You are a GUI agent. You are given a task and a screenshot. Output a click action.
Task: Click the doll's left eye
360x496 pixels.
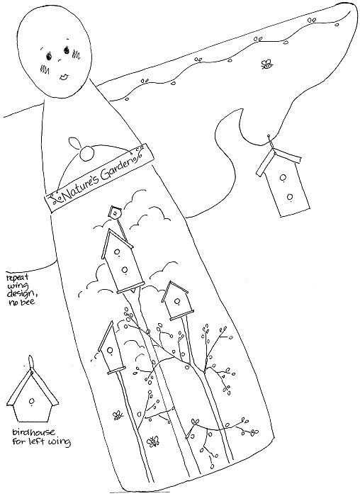50,56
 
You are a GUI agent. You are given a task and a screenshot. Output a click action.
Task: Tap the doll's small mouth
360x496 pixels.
64,77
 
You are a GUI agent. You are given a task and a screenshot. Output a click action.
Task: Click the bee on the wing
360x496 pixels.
266,64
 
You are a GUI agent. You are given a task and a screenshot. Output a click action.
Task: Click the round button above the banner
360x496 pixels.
86,154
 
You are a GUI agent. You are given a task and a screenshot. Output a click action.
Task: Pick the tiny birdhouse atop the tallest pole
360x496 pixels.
115,213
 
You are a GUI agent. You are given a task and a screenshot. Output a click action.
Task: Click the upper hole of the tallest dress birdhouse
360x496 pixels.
116,252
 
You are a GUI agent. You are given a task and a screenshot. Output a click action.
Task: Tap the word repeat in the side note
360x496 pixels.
18,278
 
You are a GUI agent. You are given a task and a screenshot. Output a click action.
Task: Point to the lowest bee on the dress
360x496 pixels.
154,441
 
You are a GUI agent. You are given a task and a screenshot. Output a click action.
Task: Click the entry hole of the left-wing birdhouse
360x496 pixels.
32,401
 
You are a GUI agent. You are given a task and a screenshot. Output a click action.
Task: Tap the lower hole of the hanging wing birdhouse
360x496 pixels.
290,197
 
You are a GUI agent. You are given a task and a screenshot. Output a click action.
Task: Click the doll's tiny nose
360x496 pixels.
59,60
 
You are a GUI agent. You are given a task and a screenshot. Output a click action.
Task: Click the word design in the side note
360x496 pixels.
21,293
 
